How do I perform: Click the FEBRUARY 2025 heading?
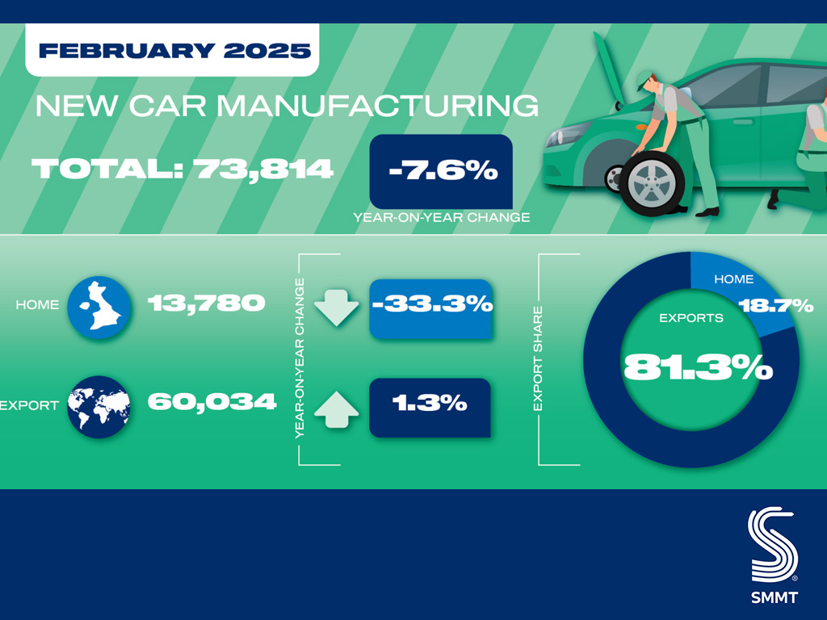click(174, 51)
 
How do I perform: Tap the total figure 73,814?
click(262, 170)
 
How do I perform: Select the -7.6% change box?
click(441, 171)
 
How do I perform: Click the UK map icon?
click(99, 307)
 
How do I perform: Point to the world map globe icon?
click(99, 407)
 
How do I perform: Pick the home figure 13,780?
click(206, 304)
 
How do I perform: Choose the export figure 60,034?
click(212, 402)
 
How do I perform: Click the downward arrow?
click(337, 308)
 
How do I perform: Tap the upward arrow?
click(337, 409)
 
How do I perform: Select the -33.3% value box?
click(430, 308)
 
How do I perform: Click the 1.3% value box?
click(430, 408)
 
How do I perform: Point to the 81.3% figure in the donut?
click(698, 367)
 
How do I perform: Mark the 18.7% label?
click(776, 305)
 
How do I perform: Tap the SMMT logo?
click(774, 555)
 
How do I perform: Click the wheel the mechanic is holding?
click(652, 183)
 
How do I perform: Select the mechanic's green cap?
click(644, 81)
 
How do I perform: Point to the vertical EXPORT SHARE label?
click(538, 359)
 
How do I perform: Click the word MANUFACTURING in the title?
click(378, 106)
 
